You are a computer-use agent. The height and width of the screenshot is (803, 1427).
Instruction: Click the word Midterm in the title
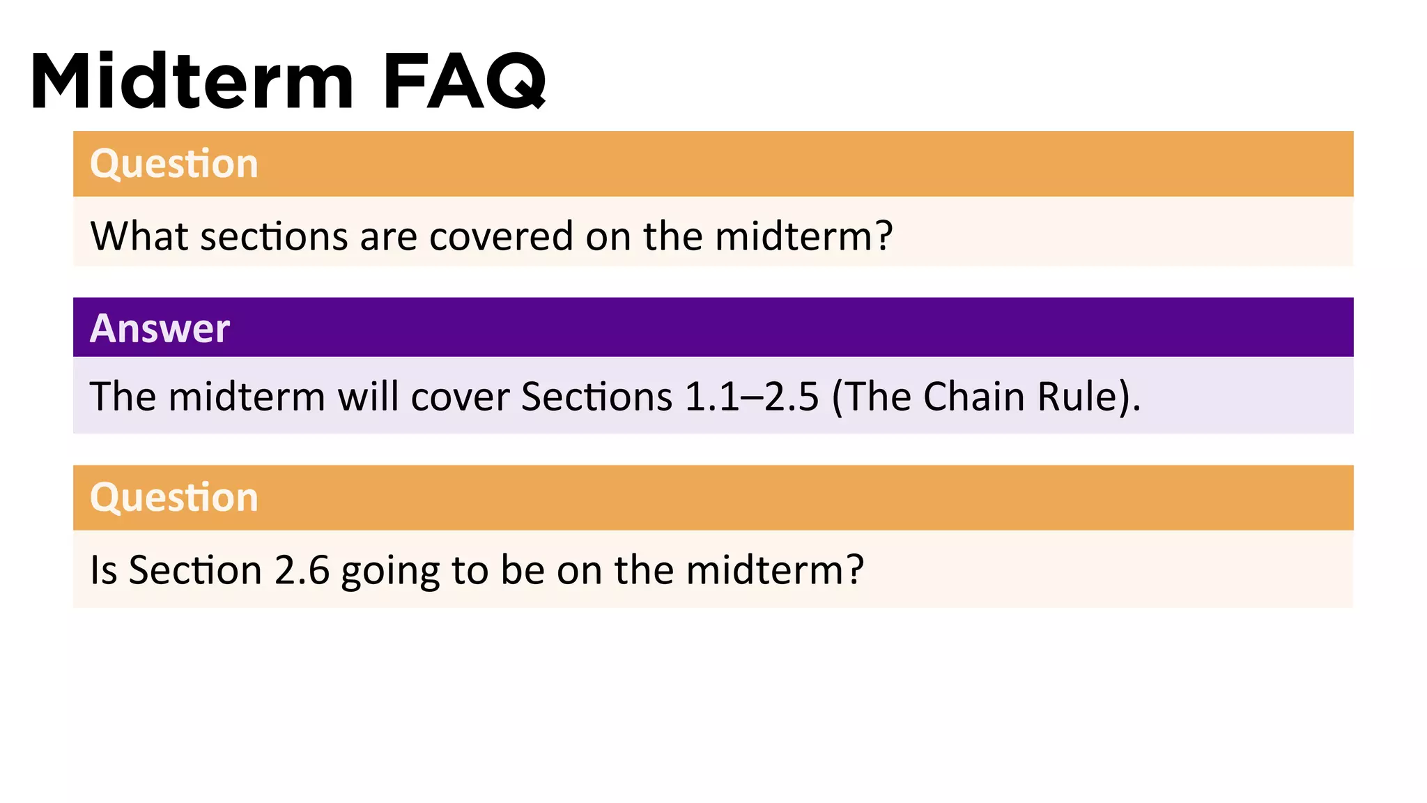pyautogui.click(x=192, y=82)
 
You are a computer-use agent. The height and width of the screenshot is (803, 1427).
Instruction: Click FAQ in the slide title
pyautogui.click(x=465, y=82)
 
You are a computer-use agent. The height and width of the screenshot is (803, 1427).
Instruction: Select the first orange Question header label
pyautogui.click(x=174, y=164)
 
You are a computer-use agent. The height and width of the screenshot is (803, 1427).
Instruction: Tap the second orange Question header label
pyautogui.click(x=174, y=498)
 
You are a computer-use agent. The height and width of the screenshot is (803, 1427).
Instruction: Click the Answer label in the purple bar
pyautogui.click(x=160, y=328)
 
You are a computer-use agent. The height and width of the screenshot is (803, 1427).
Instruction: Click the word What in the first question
pyautogui.click(x=139, y=236)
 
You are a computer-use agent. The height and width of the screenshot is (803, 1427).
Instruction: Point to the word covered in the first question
pyautogui.click(x=502, y=236)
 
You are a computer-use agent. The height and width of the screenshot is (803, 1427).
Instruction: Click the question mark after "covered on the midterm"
pyautogui.click(x=884, y=236)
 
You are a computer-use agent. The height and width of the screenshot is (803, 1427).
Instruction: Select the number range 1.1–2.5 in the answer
pyautogui.click(x=752, y=397)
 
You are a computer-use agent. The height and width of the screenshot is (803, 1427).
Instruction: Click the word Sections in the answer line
pyautogui.click(x=596, y=397)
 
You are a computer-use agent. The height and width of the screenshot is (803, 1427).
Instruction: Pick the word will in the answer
pyautogui.click(x=368, y=397)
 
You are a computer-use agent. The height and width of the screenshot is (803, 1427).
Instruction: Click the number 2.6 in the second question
pyautogui.click(x=302, y=570)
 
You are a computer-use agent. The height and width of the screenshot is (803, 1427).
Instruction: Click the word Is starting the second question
pyautogui.click(x=103, y=570)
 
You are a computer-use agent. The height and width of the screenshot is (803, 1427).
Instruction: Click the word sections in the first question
pyautogui.click(x=274, y=236)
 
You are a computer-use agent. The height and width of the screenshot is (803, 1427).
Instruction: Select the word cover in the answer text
pyautogui.click(x=461, y=397)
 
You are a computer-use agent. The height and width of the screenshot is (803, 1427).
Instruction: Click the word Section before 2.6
pyautogui.click(x=195, y=570)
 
